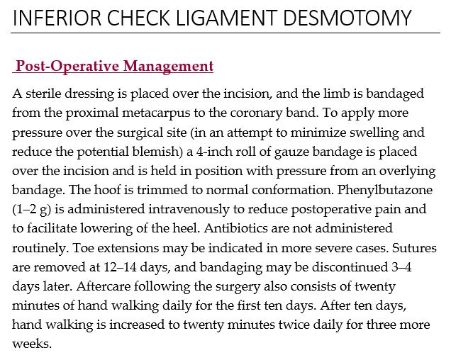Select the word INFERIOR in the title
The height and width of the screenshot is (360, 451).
click(52, 17)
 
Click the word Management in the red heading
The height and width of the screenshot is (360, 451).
click(168, 67)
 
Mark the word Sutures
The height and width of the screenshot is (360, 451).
click(413, 247)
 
